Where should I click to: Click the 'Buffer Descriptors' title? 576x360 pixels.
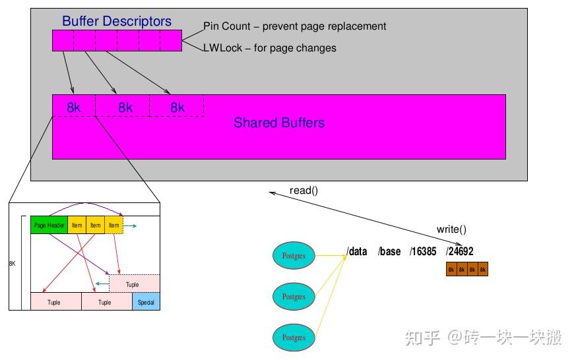[x=117, y=21]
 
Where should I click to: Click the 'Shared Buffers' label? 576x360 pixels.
[x=278, y=123]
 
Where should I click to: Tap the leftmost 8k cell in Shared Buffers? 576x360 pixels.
[x=74, y=107]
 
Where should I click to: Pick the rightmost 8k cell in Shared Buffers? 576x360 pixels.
[x=177, y=107]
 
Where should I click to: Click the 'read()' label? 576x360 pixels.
[x=304, y=191]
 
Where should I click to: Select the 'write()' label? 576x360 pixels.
[x=451, y=229]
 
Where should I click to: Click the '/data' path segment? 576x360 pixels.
[x=357, y=251]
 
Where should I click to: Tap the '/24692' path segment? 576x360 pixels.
[x=459, y=251]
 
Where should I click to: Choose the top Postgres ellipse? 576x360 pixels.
[x=294, y=255]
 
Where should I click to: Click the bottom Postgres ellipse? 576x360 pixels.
[x=294, y=337]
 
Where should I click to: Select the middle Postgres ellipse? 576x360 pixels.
[x=294, y=296]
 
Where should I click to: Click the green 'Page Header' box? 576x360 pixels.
[x=49, y=225]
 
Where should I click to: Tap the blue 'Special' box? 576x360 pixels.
[x=146, y=302]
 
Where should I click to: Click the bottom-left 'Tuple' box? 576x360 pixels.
[x=55, y=302]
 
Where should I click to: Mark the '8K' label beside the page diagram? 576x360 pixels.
[x=12, y=263]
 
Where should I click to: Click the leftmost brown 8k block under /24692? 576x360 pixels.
[x=451, y=270]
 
